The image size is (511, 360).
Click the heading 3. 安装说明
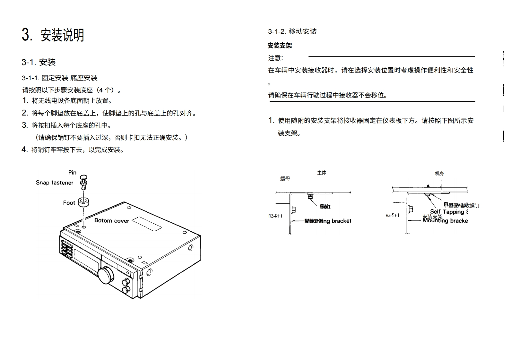pos(53,35)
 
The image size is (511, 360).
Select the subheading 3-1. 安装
pos(39,62)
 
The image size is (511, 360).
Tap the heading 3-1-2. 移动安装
pos(292,31)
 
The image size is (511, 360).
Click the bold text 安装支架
pos(280,46)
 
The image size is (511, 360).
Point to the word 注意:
pos(275,58)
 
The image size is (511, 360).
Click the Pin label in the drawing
pos(72,173)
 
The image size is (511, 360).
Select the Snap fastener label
pos(55,183)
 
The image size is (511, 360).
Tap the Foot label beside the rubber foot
pos(69,203)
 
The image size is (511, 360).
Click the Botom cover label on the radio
pos(111,221)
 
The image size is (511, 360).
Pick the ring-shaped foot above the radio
pos(83,202)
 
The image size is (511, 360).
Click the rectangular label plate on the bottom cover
pos(146,223)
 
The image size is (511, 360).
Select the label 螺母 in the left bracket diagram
pos(285,179)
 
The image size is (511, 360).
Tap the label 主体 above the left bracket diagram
pos(322,173)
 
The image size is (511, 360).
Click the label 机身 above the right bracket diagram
pos(439,174)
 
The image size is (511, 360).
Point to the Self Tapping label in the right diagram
pos(449,212)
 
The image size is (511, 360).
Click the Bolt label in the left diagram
pos(325,207)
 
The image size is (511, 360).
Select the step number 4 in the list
pos(24,150)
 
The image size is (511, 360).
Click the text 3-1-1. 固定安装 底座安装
pos(60,78)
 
